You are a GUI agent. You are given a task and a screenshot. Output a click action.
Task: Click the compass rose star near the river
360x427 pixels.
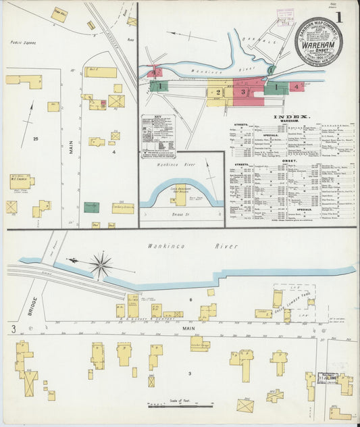tap(101, 265)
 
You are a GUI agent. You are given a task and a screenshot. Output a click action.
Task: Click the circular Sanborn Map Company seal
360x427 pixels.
tap(318, 41)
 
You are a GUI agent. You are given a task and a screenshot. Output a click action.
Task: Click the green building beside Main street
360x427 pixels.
tap(91, 207)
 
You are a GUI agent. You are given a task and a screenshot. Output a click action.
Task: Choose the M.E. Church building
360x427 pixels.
tap(21, 181)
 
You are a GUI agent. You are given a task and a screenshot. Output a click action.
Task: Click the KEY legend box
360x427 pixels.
tap(158, 136)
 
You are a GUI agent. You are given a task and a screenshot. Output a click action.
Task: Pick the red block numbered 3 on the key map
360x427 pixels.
tap(244, 93)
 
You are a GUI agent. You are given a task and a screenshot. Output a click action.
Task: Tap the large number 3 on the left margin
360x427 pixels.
tap(11, 329)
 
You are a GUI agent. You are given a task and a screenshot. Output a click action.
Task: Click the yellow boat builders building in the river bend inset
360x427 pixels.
tap(180, 199)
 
